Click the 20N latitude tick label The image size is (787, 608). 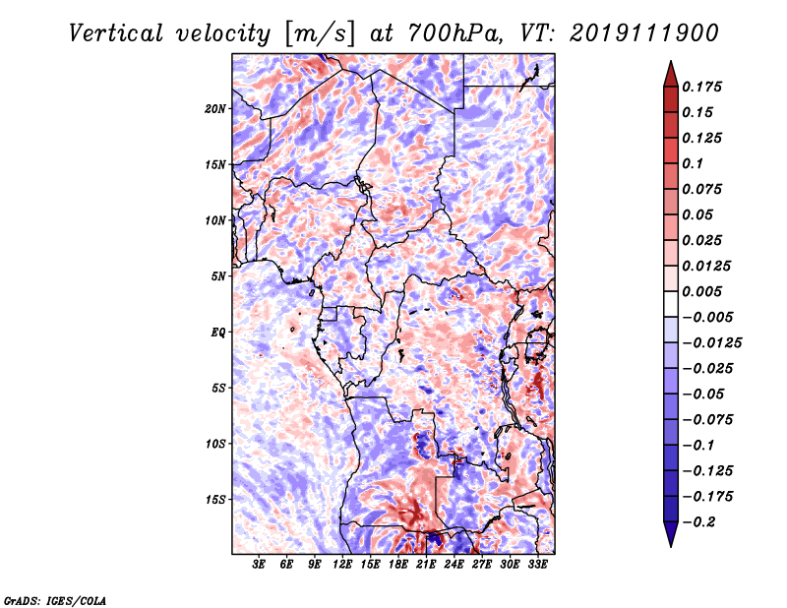click(215, 109)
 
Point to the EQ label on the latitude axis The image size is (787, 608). click(217, 333)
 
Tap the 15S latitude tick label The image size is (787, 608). click(215, 500)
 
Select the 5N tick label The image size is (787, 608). click(218, 276)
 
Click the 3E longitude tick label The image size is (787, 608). click(259, 565)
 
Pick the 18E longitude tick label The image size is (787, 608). click(398, 565)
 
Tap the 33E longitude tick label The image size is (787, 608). click(537, 565)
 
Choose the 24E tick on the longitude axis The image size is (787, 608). click(454, 565)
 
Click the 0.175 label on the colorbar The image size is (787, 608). click(701, 87)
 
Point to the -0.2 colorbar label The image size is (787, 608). click(698, 522)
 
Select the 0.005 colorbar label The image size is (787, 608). click(701, 291)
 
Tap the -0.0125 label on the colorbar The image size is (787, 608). click(711, 343)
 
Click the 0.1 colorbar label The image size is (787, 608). click(693, 163)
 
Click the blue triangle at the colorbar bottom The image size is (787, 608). click(671, 534)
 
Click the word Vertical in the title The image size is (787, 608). click(116, 33)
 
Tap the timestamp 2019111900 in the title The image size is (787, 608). click(644, 33)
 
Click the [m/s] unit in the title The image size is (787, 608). click(320, 33)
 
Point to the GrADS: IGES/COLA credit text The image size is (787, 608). click(55, 600)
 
